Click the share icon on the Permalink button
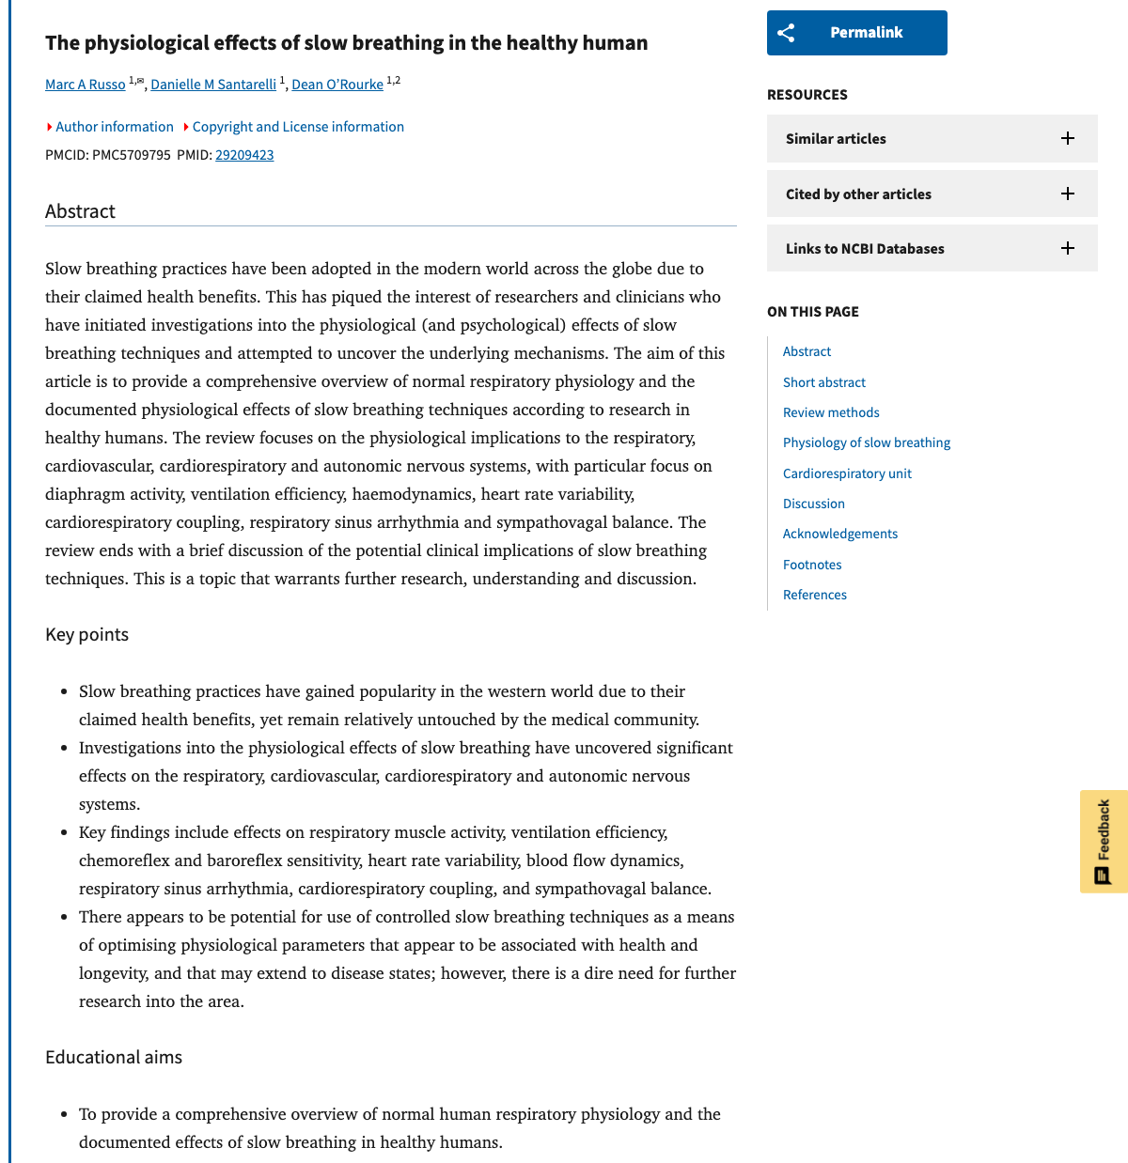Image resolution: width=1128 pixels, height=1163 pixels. [x=787, y=33]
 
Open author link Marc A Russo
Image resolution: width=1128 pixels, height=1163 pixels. [x=86, y=85]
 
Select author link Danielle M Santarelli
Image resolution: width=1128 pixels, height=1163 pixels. [x=213, y=85]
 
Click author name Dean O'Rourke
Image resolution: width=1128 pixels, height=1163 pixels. [x=337, y=85]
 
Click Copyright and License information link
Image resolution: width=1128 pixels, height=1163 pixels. [x=297, y=127]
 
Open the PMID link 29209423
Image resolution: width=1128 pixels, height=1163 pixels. [x=244, y=155]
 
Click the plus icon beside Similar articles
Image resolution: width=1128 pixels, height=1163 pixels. [x=1068, y=138]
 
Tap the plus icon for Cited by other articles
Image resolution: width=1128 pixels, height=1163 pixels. [x=1068, y=194]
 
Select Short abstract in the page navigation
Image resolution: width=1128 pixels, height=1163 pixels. [x=824, y=382]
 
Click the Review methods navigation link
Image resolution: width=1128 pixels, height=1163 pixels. [x=831, y=412]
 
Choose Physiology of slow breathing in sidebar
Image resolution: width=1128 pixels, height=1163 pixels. [x=867, y=442]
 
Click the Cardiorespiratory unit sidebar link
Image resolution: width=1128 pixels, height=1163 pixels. [x=847, y=473]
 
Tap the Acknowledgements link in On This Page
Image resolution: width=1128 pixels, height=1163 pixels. [x=840, y=534]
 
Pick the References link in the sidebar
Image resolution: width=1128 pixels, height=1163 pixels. [x=815, y=595]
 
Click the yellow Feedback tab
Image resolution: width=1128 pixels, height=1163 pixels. [x=1104, y=841]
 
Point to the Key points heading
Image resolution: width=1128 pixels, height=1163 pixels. [x=86, y=635]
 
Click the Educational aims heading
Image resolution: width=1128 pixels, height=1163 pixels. [x=114, y=1058]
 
